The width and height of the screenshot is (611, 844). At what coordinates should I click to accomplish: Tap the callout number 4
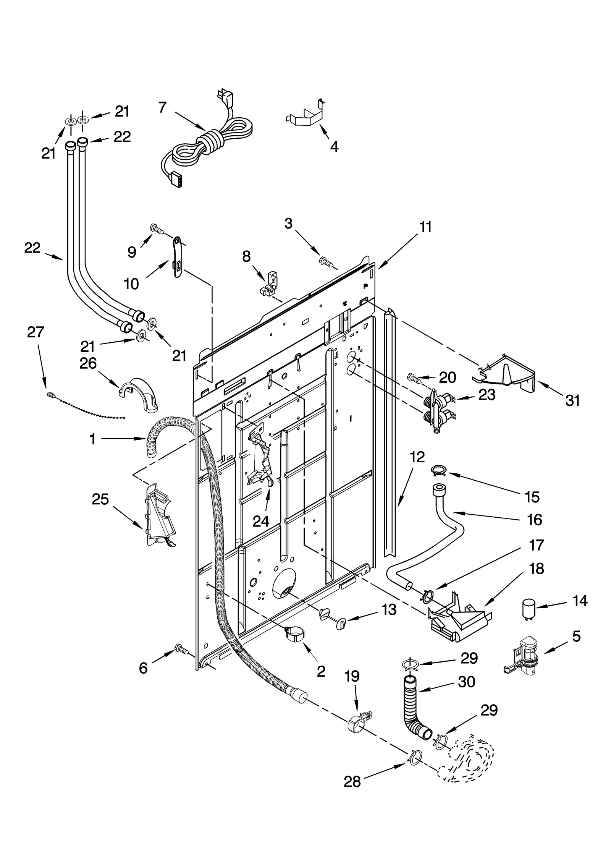334,147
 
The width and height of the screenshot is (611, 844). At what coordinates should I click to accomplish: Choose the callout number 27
36,332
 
